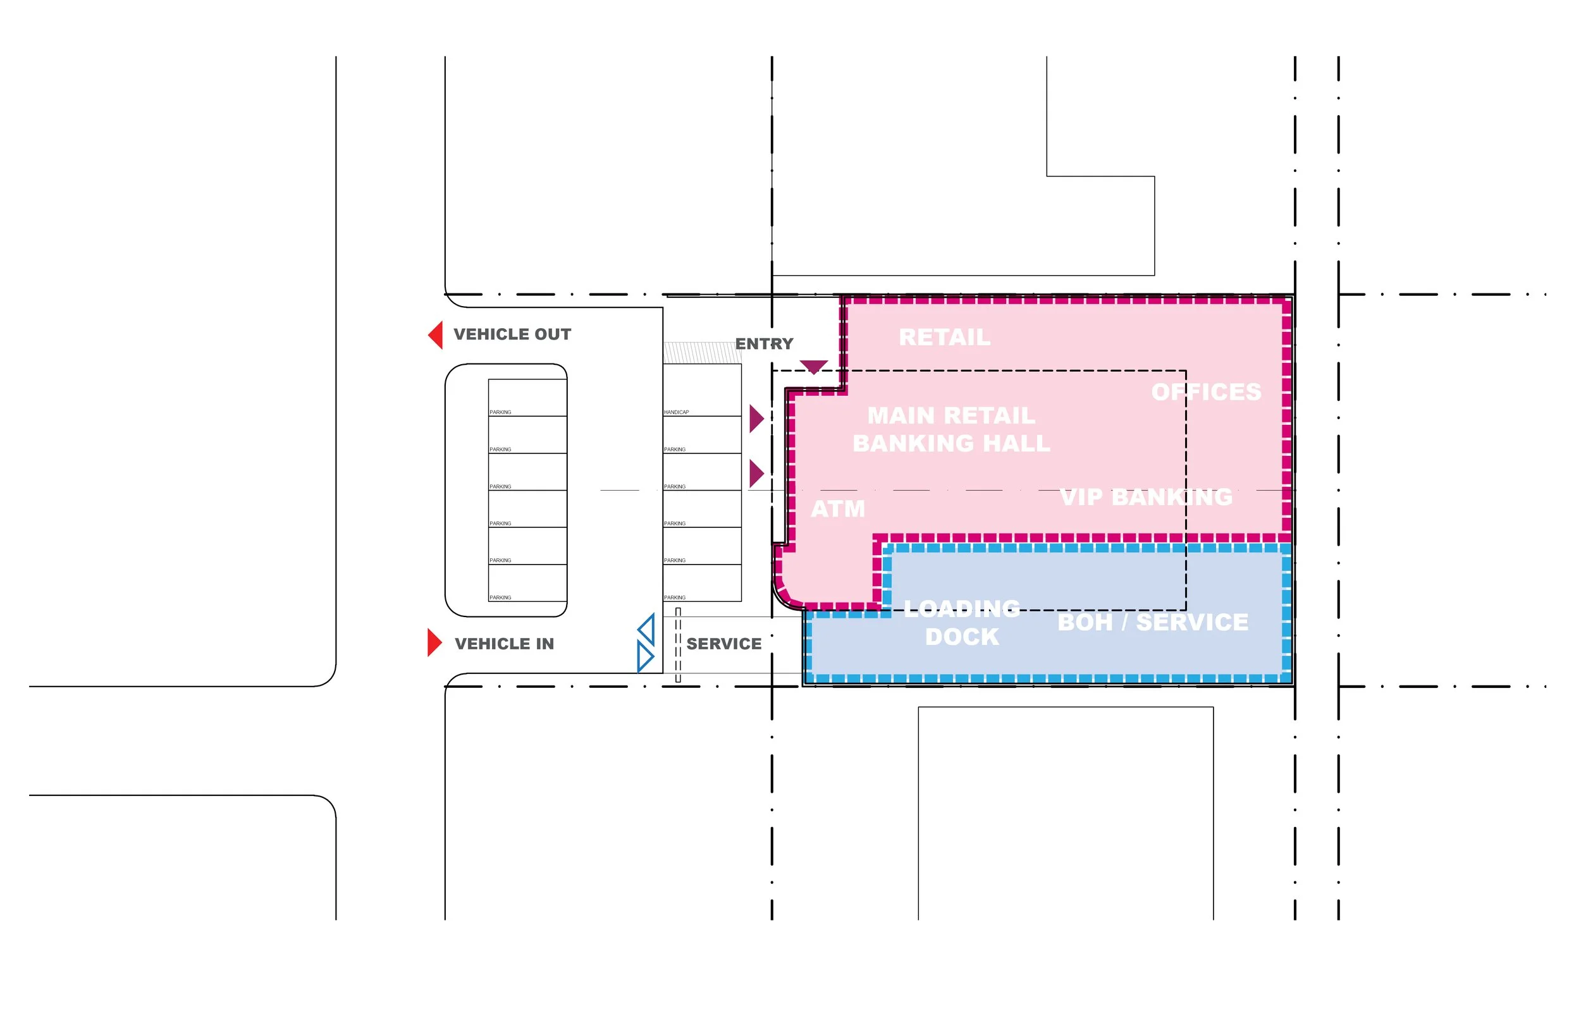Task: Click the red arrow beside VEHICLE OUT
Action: pos(436,335)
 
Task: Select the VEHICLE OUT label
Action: pos(512,334)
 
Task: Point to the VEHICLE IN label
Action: pos(504,644)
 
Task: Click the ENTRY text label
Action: pos(764,343)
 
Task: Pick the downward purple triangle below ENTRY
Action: pos(813,367)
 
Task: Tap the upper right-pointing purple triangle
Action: pos(756,419)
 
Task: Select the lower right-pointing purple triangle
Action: pos(756,474)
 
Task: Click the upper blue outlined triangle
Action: pos(647,629)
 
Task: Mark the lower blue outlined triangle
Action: pos(644,656)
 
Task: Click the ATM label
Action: pos(838,509)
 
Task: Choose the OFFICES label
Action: pos(1206,392)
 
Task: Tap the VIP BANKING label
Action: pos(1146,497)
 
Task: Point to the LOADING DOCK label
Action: pos(961,622)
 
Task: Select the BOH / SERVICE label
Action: pos(1152,622)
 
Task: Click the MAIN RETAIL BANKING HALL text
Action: pos(951,429)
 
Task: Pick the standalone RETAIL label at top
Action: pos(944,338)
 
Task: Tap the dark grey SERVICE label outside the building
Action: pos(723,644)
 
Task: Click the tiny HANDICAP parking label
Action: pos(676,412)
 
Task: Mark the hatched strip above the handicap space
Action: pos(701,352)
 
